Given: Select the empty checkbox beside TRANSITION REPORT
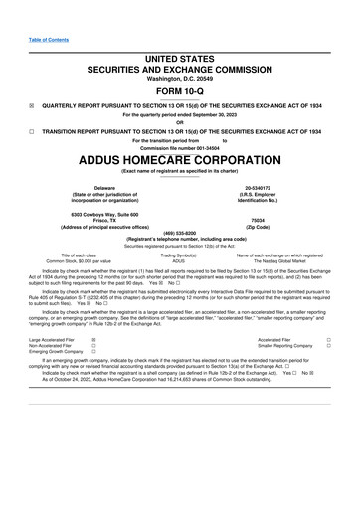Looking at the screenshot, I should point(32,130).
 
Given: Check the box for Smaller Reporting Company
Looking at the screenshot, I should point(327,345).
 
